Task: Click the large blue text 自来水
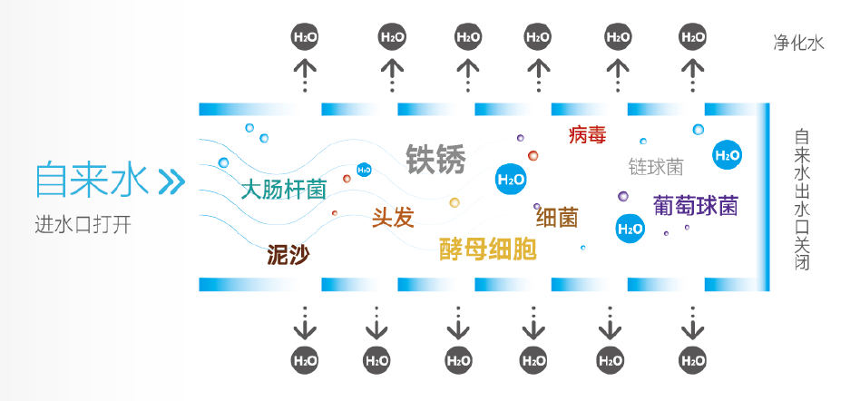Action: pyautogui.click(x=91, y=180)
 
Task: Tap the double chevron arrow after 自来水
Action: pyautogui.click(x=171, y=181)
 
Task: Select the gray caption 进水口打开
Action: pyautogui.click(x=83, y=225)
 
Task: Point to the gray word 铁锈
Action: pyautogui.click(x=435, y=159)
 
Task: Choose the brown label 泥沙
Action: pyautogui.click(x=288, y=254)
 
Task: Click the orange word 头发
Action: pyautogui.click(x=393, y=217)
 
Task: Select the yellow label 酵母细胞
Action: pyautogui.click(x=488, y=249)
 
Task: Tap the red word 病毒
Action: pyautogui.click(x=587, y=135)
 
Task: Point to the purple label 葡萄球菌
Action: pyautogui.click(x=696, y=206)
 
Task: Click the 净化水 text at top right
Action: pyautogui.click(x=800, y=43)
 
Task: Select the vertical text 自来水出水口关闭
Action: pyautogui.click(x=801, y=200)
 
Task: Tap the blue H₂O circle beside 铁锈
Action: pyautogui.click(x=511, y=179)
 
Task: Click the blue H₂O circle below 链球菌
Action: pyautogui.click(x=630, y=229)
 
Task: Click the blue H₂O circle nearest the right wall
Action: pyautogui.click(x=727, y=155)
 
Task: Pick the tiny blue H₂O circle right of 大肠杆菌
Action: pyautogui.click(x=364, y=170)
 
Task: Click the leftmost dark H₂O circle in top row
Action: pyautogui.click(x=305, y=37)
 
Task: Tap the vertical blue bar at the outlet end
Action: pyautogui.click(x=768, y=194)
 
